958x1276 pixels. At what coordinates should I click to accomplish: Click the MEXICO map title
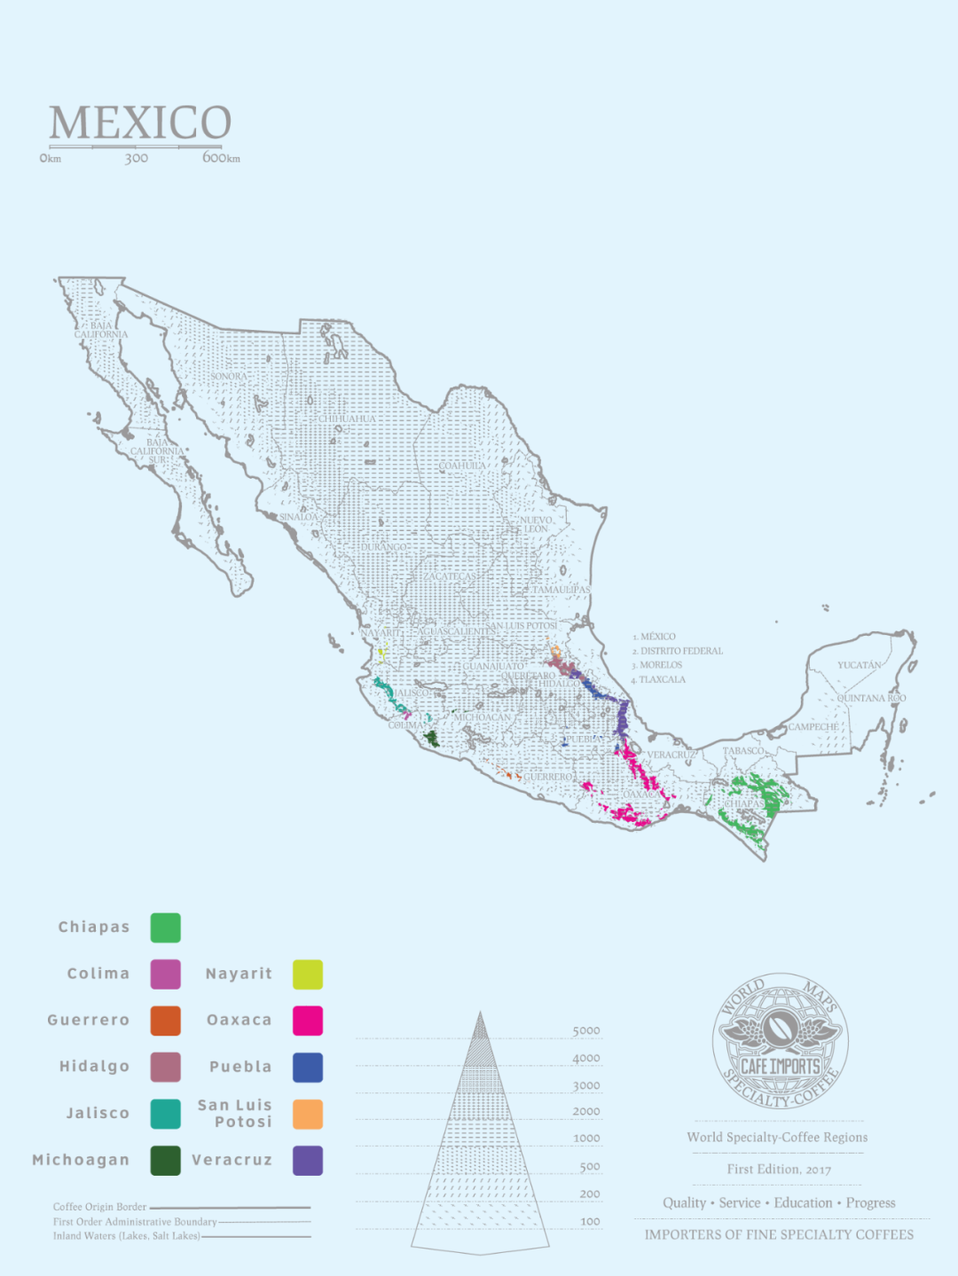(140, 122)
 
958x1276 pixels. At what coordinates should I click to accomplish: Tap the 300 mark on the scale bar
(136, 159)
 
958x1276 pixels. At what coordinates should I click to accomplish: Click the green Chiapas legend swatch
(166, 928)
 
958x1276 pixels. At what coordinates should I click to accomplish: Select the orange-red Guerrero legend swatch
(166, 1021)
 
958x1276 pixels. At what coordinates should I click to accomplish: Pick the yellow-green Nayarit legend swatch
(308, 974)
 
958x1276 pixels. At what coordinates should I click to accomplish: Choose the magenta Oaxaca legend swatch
(308, 1021)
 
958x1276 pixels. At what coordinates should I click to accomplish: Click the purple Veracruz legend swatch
(308, 1161)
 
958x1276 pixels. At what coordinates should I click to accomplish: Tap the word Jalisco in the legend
(98, 1114)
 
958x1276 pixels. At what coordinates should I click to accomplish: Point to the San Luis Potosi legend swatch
(308, 1114)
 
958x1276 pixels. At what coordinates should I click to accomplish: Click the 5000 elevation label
(586, 1031)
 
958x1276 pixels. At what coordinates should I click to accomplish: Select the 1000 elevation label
(586, 1139)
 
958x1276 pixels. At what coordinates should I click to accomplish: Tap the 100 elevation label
(590, 1222)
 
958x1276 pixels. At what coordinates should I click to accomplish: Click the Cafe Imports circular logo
(780, 1041)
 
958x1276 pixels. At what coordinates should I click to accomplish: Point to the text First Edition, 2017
(779, 1170)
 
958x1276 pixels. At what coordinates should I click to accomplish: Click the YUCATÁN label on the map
(859, 665)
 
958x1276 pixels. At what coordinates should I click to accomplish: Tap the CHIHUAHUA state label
(347, 419)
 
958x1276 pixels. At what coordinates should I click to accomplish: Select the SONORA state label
(229, 377)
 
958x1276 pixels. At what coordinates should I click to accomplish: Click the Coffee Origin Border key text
(99, 1207)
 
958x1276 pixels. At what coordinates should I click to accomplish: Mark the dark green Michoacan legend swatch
(166, 1161)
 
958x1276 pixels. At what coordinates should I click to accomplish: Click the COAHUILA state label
(462, 466)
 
